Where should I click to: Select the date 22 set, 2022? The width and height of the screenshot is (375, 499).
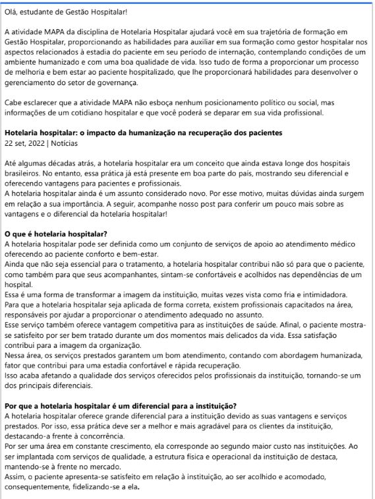click(28, 143)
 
